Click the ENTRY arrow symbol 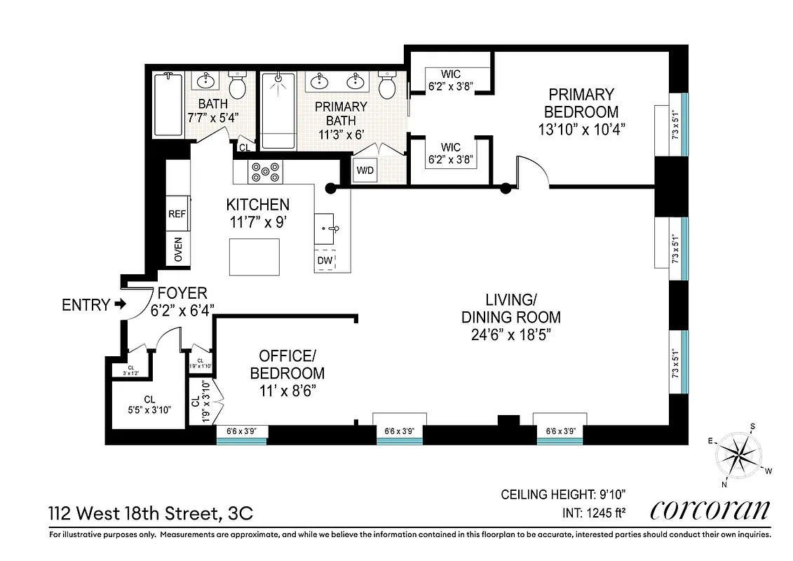click(x=120, y=305)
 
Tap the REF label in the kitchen click(x=177, y=215)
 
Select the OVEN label click(x=177, y=248)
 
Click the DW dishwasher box click(x=325, y=261)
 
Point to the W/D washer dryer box click(x=365, y=170)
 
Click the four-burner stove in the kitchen click(x=266, y=172)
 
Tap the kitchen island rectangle click(x=255, y=257)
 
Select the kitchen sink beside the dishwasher click(x=327, y=228)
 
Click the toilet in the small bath click(x=238, y=87)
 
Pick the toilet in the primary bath click(x=387, y=86)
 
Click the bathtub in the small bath click(x=169, y=105)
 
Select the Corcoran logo click(x=710, y=510)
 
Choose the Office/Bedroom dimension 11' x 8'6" click(x=287, y=391)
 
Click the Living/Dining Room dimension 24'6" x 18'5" click(x=510, y=335)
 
